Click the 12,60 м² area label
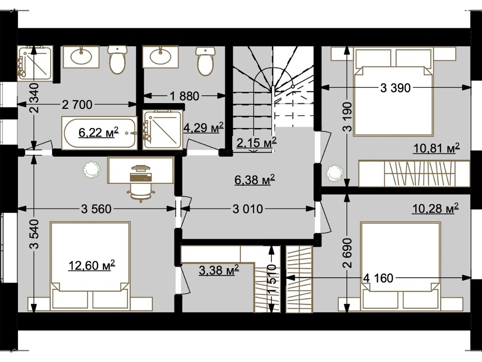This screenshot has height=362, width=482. [x=92, y=265]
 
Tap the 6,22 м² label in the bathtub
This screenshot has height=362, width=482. [x=99, y=132]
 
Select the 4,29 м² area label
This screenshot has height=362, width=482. [x=204, y=128]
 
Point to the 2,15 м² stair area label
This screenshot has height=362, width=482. [x=256, y=143]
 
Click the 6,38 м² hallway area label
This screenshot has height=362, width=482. [x=255, y=179]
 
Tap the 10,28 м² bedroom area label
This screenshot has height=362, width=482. [x=436, y=208]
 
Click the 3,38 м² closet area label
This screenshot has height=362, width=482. [x=219, y=270]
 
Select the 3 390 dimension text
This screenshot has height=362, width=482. [x=395, y=88]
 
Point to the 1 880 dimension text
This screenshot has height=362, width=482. [x=185, y=96]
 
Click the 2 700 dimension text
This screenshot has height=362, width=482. [x=77, y=105]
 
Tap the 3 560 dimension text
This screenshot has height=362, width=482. [x=96, y=209]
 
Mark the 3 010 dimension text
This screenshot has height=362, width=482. [x=248, y=209]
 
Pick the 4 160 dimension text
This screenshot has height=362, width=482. [x=378, y=278]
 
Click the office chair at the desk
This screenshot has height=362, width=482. [x=141, y=184]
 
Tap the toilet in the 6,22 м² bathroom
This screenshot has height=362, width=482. [x=117, y=59]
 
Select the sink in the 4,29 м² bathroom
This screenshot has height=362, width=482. [x=160, y=57]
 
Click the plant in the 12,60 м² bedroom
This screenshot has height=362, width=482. [x=91, y=170]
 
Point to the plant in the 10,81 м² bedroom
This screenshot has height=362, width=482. [x=334, y=173]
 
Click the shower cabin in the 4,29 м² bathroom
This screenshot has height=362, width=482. [x=163, y=130]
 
